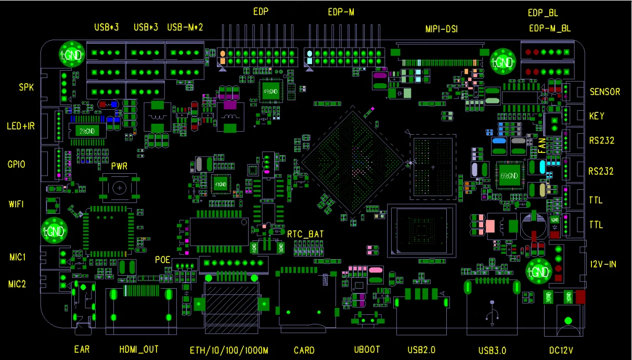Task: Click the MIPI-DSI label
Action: (x=441, y=29)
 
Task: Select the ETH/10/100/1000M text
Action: (x=229, y=350)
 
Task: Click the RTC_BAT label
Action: (x=305, y=235)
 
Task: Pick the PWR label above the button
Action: (x=120, y=166)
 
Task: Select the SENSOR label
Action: (x=604, y=92)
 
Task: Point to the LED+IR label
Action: (x=21, y=126)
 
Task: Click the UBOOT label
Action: (x=367, y=350)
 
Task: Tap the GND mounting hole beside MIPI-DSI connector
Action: (x=502, y=61)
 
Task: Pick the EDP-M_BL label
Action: (x=549, y=29)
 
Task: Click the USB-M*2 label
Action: (x=185, y=27)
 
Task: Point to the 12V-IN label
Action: (x=603, y=264)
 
